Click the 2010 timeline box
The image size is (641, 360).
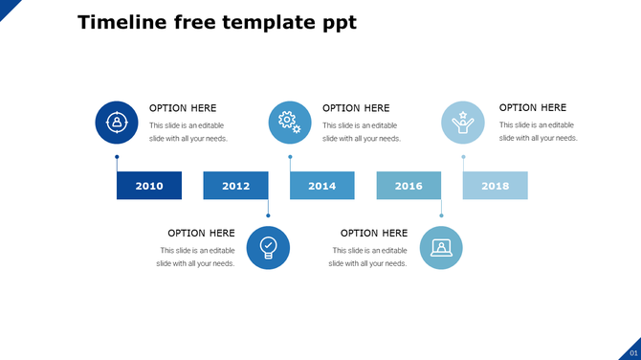pos(148,186)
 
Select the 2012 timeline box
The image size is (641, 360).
pos(235,186)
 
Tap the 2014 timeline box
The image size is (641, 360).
pos(322,186)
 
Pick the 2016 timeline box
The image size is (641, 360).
pos(409,186)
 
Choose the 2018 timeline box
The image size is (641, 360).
pos(496,186)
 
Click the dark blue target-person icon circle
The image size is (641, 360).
pos(117,123)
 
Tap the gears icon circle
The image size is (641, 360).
pos(290,123)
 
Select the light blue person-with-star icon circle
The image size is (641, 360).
pos(463,123)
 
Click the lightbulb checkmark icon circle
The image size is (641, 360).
pos(268,248)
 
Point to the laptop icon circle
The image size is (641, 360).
pos(441,248)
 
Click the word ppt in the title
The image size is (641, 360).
pos(339,23)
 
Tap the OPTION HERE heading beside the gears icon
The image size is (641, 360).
pos(356,108)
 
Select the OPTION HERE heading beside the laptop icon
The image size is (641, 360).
pos(374,233)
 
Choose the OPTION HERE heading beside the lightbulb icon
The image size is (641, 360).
pos(201,233)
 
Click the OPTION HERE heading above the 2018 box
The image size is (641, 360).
pos(533,108)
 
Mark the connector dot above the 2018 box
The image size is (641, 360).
pos(464,157)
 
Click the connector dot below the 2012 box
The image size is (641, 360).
pos(268,215)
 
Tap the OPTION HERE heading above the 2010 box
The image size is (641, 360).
pos(183,108)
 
